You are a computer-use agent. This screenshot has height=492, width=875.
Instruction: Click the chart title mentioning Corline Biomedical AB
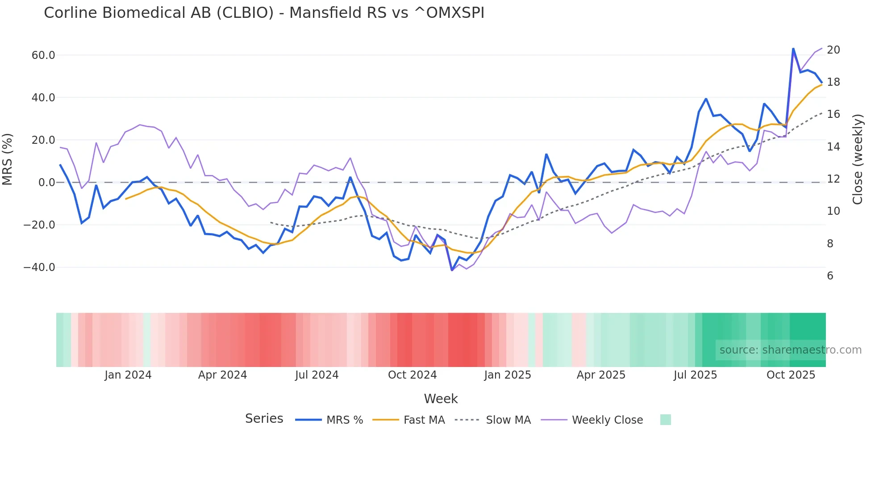[264, 13]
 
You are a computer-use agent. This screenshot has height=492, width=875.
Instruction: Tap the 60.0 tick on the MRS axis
[43, 55]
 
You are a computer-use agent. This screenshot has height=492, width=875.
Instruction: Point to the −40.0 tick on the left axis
[39, 267]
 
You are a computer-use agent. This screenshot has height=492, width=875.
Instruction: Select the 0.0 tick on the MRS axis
[47, 183]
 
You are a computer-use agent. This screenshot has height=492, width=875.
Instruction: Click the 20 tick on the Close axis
[833, 50]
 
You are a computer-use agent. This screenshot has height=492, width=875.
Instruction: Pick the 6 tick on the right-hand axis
[830, 276]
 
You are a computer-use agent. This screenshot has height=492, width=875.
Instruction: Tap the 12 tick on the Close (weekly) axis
[833, 179]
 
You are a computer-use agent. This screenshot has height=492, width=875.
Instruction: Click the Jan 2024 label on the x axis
[128, 375]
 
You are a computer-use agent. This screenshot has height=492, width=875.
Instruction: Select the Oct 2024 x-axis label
[412, 375]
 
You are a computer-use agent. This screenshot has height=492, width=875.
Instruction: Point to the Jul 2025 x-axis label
[695, 375]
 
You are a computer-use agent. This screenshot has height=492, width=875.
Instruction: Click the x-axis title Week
[441, 399]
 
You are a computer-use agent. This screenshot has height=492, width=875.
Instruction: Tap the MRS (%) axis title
[8, 159]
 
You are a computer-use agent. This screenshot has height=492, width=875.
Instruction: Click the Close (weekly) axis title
[857, 159]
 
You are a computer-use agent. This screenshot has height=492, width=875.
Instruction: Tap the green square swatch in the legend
[665, 420]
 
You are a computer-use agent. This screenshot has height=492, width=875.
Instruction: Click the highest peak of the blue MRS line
[793, 49]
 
